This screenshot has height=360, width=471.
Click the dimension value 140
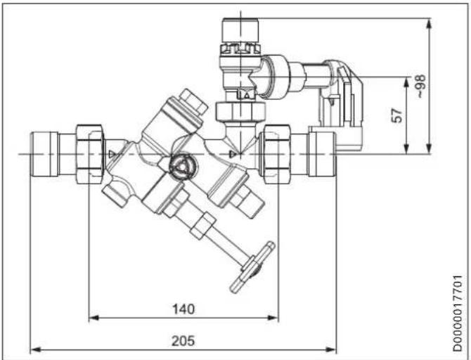pos(183,309)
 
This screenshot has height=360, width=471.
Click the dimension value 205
pos(183,341)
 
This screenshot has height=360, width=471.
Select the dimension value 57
pos(396,115)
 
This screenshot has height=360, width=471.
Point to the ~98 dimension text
pos(420,86)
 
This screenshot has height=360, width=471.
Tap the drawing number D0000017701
pos(458,313)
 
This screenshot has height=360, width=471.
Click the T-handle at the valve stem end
pos(252,267)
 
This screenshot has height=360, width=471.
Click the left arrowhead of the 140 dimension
pos(94,318)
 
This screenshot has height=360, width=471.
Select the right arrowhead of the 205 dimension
pos(331,349)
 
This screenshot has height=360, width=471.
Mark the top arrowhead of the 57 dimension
pos(406,82)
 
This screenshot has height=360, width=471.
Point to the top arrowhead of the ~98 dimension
pos(430,23)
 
